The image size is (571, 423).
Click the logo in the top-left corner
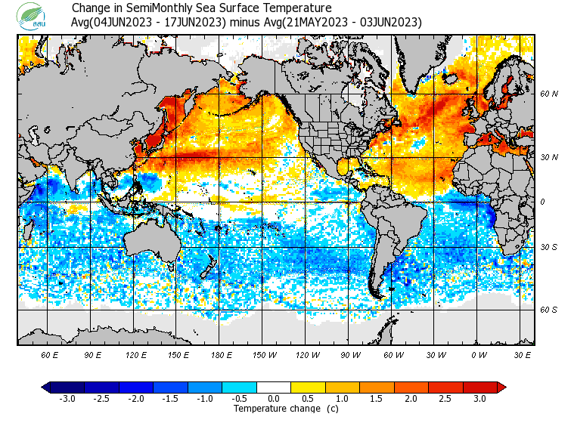coord(34,15)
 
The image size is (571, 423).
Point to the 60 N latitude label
coord(548,94)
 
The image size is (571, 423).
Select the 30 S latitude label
coord(548,247)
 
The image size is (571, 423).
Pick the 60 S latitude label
coord(548,310)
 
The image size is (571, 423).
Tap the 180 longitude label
coord(222,354)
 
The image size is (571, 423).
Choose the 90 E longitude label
coord(93,354)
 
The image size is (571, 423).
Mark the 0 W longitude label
coord(478,354)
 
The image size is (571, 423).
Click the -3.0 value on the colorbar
coord(68,399)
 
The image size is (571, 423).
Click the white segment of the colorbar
coord(274,387)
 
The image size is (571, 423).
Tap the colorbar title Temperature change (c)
coord(275,409)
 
